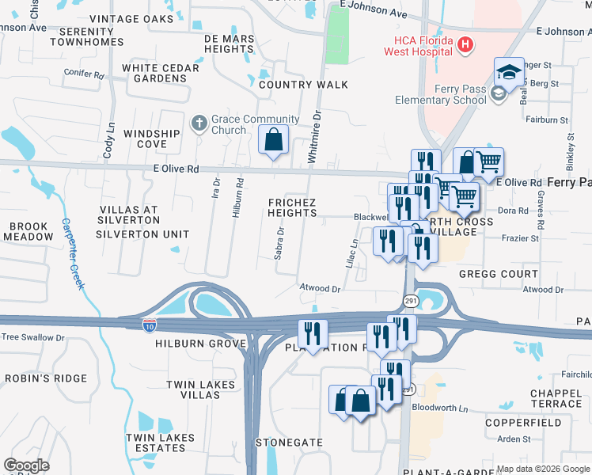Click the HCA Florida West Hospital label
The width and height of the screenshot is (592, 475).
pyautogui.click(x=419, y=46)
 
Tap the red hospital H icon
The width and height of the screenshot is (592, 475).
pyautogui.click(x=465, y=45)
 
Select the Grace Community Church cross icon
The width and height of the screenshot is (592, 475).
pyautogui.click(x=199, y=123)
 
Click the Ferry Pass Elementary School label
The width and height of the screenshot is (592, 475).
pyautogui.click(x=442, y=95)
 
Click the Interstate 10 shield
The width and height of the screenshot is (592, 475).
pyautogui.click(x=150, y=325)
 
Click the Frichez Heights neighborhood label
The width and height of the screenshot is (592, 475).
pyautogui.click(x=292, y=208)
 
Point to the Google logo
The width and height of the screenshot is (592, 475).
pyautogui.click(x=26, y=465)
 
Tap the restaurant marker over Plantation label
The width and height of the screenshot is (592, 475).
pyautogui.click(x=313, y=335)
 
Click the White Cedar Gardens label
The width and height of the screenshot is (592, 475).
pyautogui.click(x=161, y=73)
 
